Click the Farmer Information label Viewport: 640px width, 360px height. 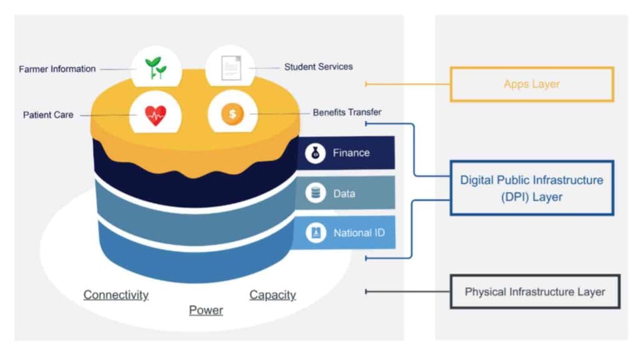tap(57, 69)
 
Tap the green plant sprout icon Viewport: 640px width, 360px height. tap(156, 67)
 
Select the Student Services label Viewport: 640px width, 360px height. tap(318, 66)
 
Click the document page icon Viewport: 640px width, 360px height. tap(230, 67)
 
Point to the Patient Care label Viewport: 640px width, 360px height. tap(48, 115)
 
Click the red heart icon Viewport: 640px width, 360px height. tap(156, 115)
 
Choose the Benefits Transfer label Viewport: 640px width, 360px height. tap(347, 112)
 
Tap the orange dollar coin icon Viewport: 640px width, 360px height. tap(232, 114)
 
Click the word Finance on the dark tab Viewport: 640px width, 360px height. tap(351, 152)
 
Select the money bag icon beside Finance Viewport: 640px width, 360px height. tap(316, 153)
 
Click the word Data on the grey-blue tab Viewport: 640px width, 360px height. tap(344, 194)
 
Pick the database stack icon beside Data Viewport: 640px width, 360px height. tap(316, 193)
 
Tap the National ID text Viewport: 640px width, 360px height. tap(359, 233)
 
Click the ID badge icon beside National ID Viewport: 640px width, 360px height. tap(316, 233)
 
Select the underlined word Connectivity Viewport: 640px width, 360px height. tap(116, 295)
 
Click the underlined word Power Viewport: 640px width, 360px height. tap(206, 310)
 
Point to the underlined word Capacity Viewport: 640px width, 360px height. tap(272, 295)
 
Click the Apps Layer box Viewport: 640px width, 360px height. tap(532, 84)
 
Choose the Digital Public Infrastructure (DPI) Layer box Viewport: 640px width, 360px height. tap(532, 188)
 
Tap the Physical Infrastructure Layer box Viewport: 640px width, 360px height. tap(535, 292)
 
